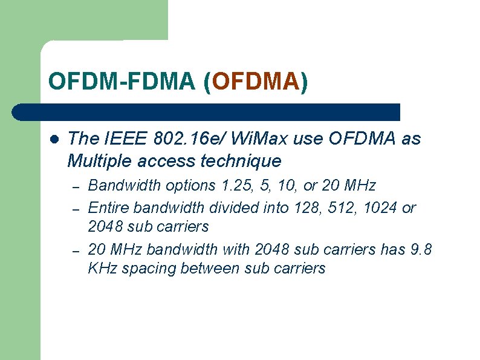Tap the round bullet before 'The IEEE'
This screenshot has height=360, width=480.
(54, 139)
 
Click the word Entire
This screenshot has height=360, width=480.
(109, 208)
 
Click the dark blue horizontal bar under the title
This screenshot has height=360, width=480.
(206, 112)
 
